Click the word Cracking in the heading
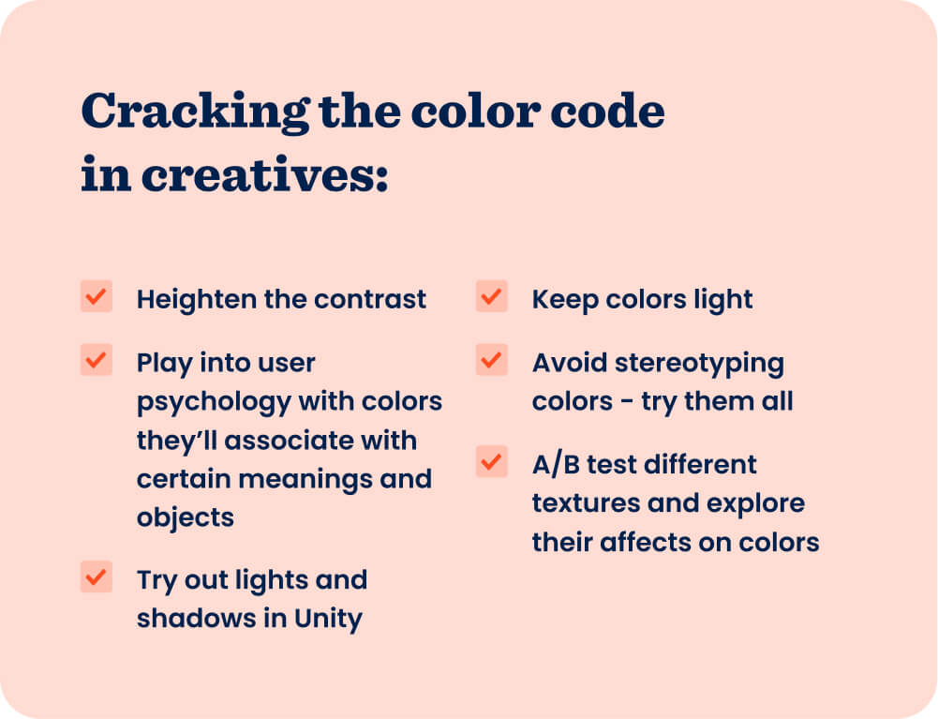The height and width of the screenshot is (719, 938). tap(195, 112)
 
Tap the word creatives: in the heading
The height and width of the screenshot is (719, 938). tap(265, 174)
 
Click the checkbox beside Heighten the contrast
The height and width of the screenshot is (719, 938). tap(97, 296)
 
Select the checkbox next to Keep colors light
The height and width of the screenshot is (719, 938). tap(492, 296)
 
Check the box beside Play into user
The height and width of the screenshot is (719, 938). tap(97, 360)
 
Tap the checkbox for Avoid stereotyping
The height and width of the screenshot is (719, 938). tap(492, 360)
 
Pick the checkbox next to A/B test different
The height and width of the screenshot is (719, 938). tap(492, 461)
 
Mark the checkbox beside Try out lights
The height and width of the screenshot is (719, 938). tap(97, 577)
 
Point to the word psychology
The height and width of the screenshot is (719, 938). tap(214, 402)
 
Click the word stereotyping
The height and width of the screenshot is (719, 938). tap(699, 364)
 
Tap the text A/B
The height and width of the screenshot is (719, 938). tap(556, 465)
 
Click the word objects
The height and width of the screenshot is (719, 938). tap(185, 518)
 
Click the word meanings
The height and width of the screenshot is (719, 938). tap(305, 480)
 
